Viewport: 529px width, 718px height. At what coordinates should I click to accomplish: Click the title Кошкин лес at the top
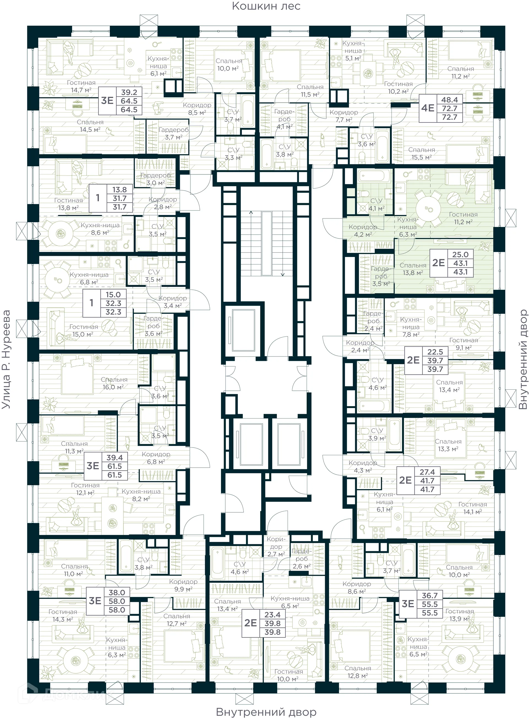[266, 6]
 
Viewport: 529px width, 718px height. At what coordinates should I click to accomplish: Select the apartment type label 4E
[428, 108]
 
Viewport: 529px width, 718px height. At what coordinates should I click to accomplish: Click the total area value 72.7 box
[449, 109]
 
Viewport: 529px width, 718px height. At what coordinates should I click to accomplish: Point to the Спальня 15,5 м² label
[421, 154]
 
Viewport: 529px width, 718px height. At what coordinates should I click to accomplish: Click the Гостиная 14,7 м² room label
[81, 87]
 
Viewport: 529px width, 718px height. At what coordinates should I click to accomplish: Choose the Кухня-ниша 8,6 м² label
[100, 229]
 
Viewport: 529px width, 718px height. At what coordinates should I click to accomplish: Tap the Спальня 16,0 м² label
[114, 383]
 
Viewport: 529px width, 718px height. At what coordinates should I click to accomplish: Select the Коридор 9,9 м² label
[183, 585]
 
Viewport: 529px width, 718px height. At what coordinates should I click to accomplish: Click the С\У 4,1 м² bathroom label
[376, 204]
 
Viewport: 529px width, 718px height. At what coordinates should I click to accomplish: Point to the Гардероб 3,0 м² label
[156, 179]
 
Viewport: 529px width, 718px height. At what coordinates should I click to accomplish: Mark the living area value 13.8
[120, 190]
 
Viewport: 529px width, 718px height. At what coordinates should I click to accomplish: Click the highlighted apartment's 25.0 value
[460, 255]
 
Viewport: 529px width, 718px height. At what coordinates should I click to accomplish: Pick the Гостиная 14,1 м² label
[472, 508]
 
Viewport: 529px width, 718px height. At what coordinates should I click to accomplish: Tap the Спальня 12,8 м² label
[358, 672]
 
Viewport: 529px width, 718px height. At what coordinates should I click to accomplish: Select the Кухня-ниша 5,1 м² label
[353, 51]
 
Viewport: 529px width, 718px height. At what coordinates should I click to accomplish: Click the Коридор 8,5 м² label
[197, 109]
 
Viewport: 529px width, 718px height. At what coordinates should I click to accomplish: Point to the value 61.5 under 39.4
[115, 467]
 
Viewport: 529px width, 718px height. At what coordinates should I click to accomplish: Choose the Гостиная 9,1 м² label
[463, 344]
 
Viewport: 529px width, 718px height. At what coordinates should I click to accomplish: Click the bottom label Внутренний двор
[266, 712]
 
